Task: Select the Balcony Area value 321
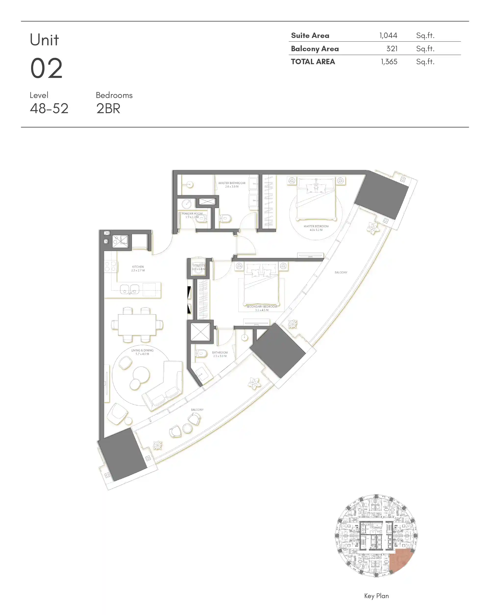[x=392, y=48]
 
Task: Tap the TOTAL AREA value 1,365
[x=389, y=62]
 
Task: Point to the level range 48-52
[x=49, y=109]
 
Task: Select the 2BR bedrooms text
[x=108, y=109]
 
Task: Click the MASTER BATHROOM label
[x=232, y=183]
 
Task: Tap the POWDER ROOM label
[x=192, y=213]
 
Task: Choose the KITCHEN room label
[x=138, y=267]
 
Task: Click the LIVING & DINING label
[x=142, y=350]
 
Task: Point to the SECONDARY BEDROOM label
[x=262, y=306]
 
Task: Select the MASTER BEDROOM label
[x=316, y=226]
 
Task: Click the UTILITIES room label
[x=199, y=265]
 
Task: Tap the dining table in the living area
[x=137, y=325]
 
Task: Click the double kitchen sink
[x=130, y=289]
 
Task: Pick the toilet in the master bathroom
[x=225, y=218]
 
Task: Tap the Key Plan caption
[x=376, y=596]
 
